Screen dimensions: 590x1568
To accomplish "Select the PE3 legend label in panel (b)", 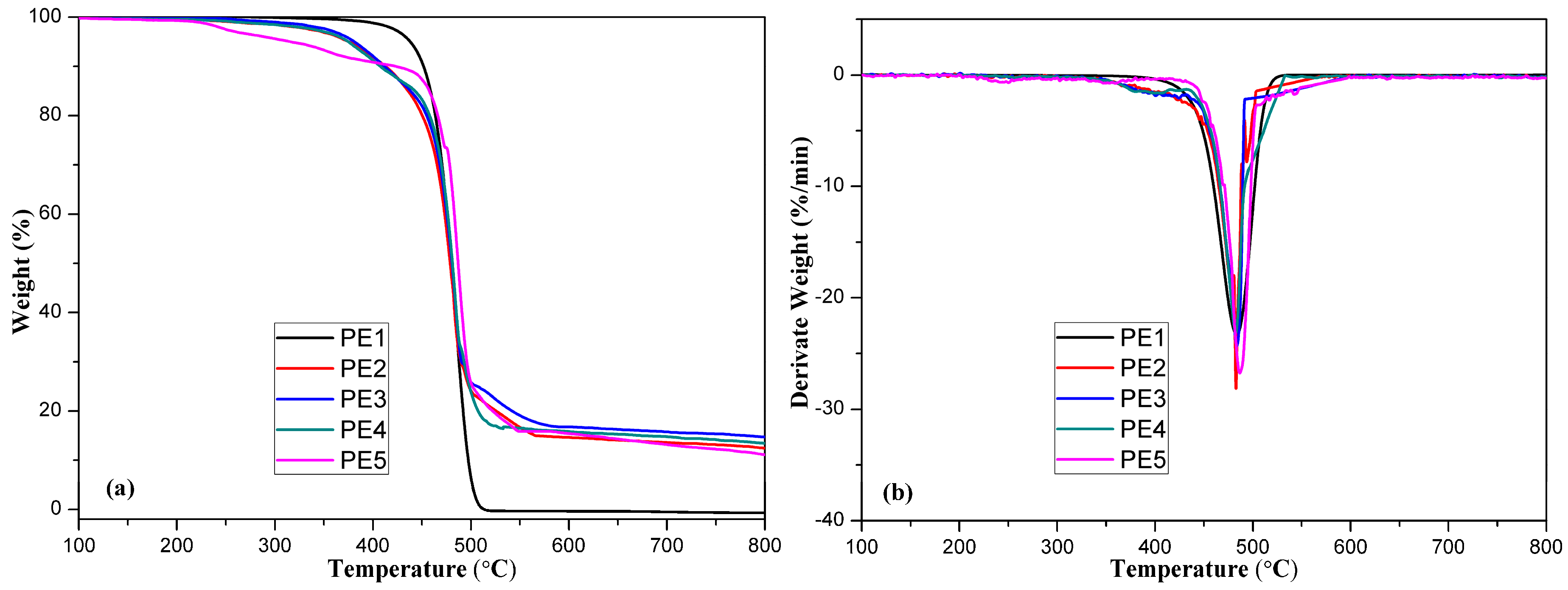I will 1142,398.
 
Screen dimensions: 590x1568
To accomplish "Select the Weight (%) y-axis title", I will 21,271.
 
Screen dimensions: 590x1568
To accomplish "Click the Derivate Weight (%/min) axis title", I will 800,272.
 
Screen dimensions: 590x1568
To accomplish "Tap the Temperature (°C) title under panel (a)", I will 422,569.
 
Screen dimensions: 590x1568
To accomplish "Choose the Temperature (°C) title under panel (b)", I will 1204,569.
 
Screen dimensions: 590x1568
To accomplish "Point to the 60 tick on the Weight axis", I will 50,213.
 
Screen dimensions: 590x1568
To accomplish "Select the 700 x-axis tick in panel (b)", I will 1448,546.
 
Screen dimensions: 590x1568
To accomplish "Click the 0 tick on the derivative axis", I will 839,74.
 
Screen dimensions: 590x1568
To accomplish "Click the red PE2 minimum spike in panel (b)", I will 1236,386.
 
